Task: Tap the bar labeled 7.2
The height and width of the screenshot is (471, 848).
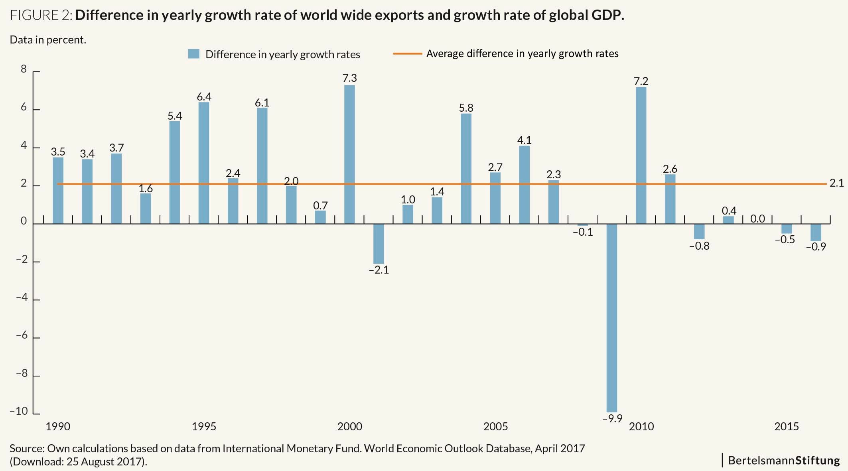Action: pos(641,155)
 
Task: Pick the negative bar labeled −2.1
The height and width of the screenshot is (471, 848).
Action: pos(379,244)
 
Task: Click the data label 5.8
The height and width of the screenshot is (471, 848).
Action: pos(466,108)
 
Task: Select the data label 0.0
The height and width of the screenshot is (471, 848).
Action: pos(757,219)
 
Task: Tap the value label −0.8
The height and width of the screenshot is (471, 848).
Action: pos(699,246)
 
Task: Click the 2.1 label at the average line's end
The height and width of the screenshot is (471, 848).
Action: pos(836,183)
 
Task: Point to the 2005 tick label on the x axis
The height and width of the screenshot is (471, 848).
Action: pos(495,426)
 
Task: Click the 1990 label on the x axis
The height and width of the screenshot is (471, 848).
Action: pos(58,426)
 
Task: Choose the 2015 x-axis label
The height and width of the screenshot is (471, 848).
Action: pos(787,426)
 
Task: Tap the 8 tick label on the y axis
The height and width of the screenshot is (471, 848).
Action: pos(24,69)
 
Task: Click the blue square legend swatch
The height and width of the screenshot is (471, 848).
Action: pos(193,54)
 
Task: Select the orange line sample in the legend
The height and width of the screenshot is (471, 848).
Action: pos(407,53)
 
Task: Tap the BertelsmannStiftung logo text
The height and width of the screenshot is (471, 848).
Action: pos(784,460)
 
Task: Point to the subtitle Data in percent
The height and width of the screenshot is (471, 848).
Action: pos(48,40)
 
